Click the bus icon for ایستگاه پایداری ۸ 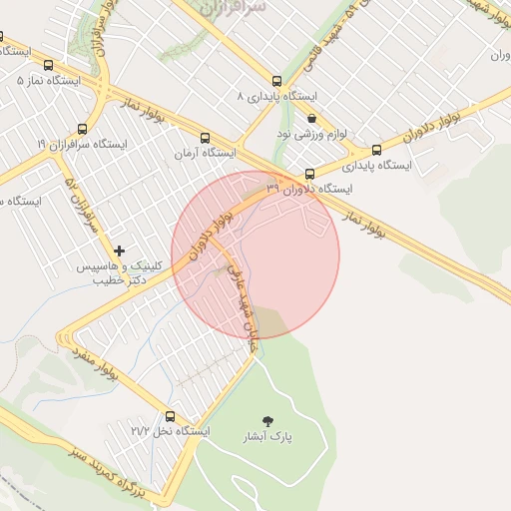276,81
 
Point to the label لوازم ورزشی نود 311,133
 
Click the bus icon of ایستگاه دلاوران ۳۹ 309,174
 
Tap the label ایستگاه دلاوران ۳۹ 309,189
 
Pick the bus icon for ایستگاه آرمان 205,139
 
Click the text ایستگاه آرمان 205,154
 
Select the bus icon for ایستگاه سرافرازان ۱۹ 82,129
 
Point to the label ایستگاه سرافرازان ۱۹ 82,145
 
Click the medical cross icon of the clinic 120,251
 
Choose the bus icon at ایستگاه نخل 170,416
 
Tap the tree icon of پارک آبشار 266,421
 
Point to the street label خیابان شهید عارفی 246,303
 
